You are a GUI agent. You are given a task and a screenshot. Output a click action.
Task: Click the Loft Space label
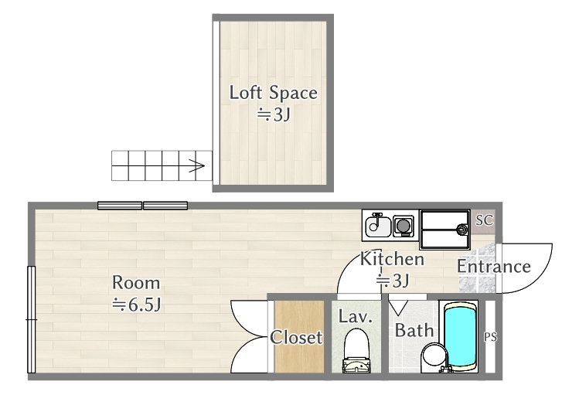click(273, 94)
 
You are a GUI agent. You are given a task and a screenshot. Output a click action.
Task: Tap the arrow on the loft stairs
click(196, 165)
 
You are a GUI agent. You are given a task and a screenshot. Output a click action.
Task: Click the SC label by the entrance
click(484, 220)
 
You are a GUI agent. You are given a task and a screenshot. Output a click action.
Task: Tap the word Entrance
click(493, 267)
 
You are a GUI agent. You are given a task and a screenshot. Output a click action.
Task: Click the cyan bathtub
click(461, 337)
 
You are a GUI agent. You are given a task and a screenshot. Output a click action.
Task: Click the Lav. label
click(356, 317)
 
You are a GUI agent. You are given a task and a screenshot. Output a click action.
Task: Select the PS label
click(489, 337)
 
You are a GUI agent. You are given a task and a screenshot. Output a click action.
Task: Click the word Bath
click(414, 331)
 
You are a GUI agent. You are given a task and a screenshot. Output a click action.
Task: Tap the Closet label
click(296, 338)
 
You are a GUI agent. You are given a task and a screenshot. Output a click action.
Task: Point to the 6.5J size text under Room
click(136, 304)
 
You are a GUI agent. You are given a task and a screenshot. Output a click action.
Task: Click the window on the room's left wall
click(31, 319)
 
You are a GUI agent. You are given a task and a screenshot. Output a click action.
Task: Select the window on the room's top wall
click(142, 206)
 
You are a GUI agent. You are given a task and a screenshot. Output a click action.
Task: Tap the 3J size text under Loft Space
click(273, 116)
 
